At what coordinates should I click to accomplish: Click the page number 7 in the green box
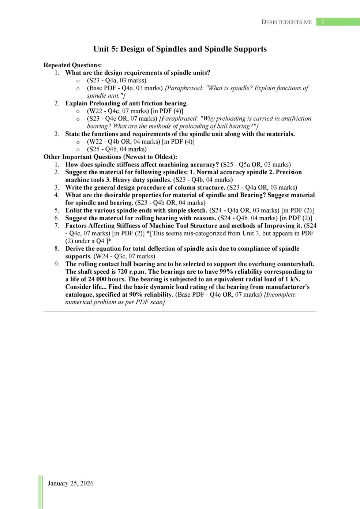click(322, 22)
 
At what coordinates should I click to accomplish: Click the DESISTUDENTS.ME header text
click(286, 22)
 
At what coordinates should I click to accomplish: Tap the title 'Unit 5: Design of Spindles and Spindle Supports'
click(180, 49)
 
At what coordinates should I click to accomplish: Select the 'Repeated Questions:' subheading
click(72, 65)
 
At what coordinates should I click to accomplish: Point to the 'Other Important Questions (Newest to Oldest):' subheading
click(110, 157)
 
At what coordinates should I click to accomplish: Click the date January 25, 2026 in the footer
click(71, 483)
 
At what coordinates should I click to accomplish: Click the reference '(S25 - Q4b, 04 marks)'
click(117, 149)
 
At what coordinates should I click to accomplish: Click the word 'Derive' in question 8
click(75, 248)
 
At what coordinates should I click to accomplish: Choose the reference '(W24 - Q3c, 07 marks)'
click(124, 256)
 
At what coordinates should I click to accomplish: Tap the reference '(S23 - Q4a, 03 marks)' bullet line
click(116, 81)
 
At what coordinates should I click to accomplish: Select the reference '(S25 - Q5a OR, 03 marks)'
click(256, 165)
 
